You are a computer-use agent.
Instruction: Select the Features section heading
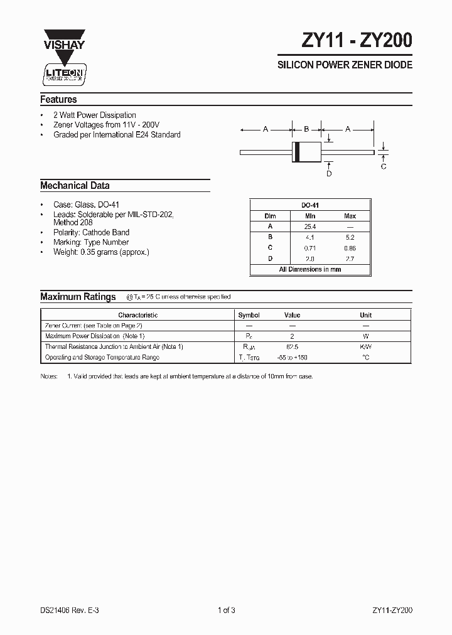tap(58, 99)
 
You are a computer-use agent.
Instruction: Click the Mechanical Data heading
tap(75, 186)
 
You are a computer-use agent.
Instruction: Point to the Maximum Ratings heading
tap(78, 297)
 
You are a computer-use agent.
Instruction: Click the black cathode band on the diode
tap(298, 152)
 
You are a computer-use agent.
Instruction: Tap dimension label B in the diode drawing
tap(306, 129)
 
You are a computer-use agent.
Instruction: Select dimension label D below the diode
tap(329, 173)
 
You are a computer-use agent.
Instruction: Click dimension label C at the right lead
tap(384, 166)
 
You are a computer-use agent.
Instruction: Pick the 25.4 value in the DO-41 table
tap(309, 227)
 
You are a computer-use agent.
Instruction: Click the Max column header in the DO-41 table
tap(350, 216)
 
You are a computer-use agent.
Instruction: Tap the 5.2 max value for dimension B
tap(350, 237)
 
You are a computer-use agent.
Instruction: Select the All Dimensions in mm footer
tap(309, 269)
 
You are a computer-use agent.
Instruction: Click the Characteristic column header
tap(137, 315)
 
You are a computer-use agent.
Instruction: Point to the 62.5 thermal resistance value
tap(292, 346)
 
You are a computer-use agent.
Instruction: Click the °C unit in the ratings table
tap(365, 357)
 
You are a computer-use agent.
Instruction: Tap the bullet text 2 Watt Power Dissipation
tap(95, 115)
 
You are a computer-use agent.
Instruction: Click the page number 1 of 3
tap(226, 610)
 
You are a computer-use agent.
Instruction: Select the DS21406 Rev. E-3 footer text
tap(70, 610)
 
